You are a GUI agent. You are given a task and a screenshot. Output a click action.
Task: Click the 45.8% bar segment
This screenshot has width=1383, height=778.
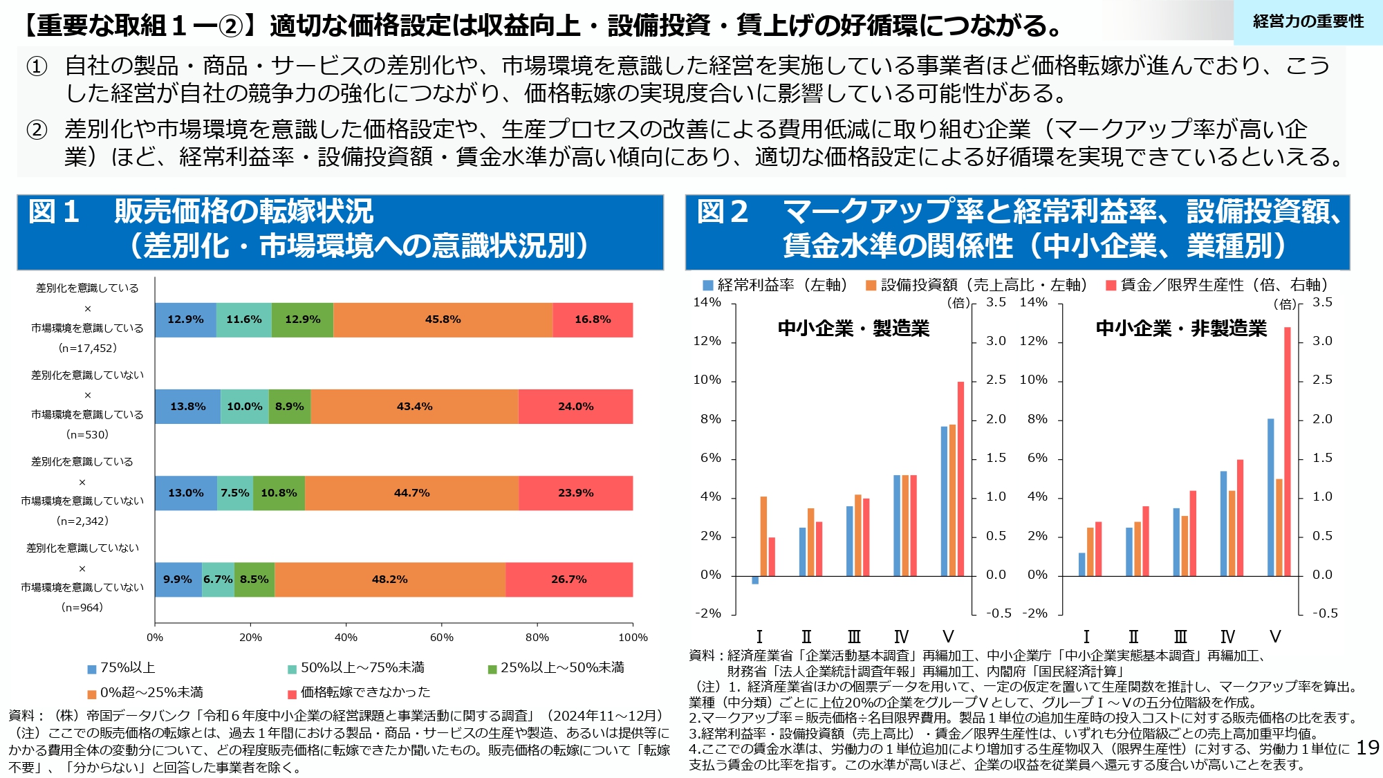point(443,319)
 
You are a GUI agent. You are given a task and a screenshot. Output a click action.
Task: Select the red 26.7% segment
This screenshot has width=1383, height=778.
point(568,580)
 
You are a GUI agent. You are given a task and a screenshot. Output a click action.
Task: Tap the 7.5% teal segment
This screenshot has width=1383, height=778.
point(235,493)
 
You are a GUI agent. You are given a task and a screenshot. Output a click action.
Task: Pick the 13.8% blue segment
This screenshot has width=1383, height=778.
point(187,407)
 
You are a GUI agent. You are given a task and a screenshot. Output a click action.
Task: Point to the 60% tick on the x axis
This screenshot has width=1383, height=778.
point(441,638)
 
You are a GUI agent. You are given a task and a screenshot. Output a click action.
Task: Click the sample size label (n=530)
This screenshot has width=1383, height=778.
point(87,435)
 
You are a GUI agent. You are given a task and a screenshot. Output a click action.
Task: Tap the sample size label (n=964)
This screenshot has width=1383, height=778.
point(82,608)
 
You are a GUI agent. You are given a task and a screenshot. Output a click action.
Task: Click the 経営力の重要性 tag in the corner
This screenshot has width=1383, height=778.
point(1308,22)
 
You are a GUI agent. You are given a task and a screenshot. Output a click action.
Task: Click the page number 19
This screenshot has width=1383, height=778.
point(1367,748)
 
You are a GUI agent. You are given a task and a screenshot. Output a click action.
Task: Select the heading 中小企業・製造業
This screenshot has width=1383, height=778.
point(853,328)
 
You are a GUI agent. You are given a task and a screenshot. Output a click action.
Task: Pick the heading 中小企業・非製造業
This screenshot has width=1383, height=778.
point(1181,328)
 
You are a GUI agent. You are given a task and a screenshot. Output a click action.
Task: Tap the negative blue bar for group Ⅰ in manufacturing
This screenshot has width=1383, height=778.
point(755,580)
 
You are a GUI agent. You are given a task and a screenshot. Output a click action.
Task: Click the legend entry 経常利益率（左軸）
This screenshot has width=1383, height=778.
point(775,285)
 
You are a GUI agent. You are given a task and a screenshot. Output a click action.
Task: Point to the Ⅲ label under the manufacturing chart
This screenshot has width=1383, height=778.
point(854,637)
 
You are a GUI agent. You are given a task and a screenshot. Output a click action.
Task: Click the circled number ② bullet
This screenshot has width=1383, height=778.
point(37,130)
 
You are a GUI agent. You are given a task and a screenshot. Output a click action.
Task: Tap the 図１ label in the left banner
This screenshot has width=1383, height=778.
point(54,212)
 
